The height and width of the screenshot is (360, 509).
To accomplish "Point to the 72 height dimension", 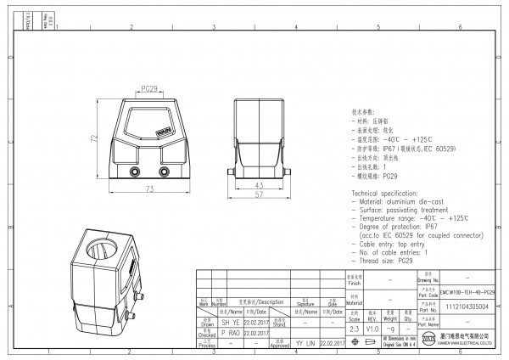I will [94, 138].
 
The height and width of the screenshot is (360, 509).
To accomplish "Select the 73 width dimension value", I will [149, 188].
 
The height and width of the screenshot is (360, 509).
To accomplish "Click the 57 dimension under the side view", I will [260, 195].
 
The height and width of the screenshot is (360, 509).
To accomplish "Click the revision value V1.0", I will [372, 328].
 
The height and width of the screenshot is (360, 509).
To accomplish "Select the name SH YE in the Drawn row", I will [230, 323].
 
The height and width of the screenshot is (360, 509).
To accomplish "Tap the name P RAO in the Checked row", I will [230, 334].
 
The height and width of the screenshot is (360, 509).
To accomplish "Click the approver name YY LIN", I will [305, 343].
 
